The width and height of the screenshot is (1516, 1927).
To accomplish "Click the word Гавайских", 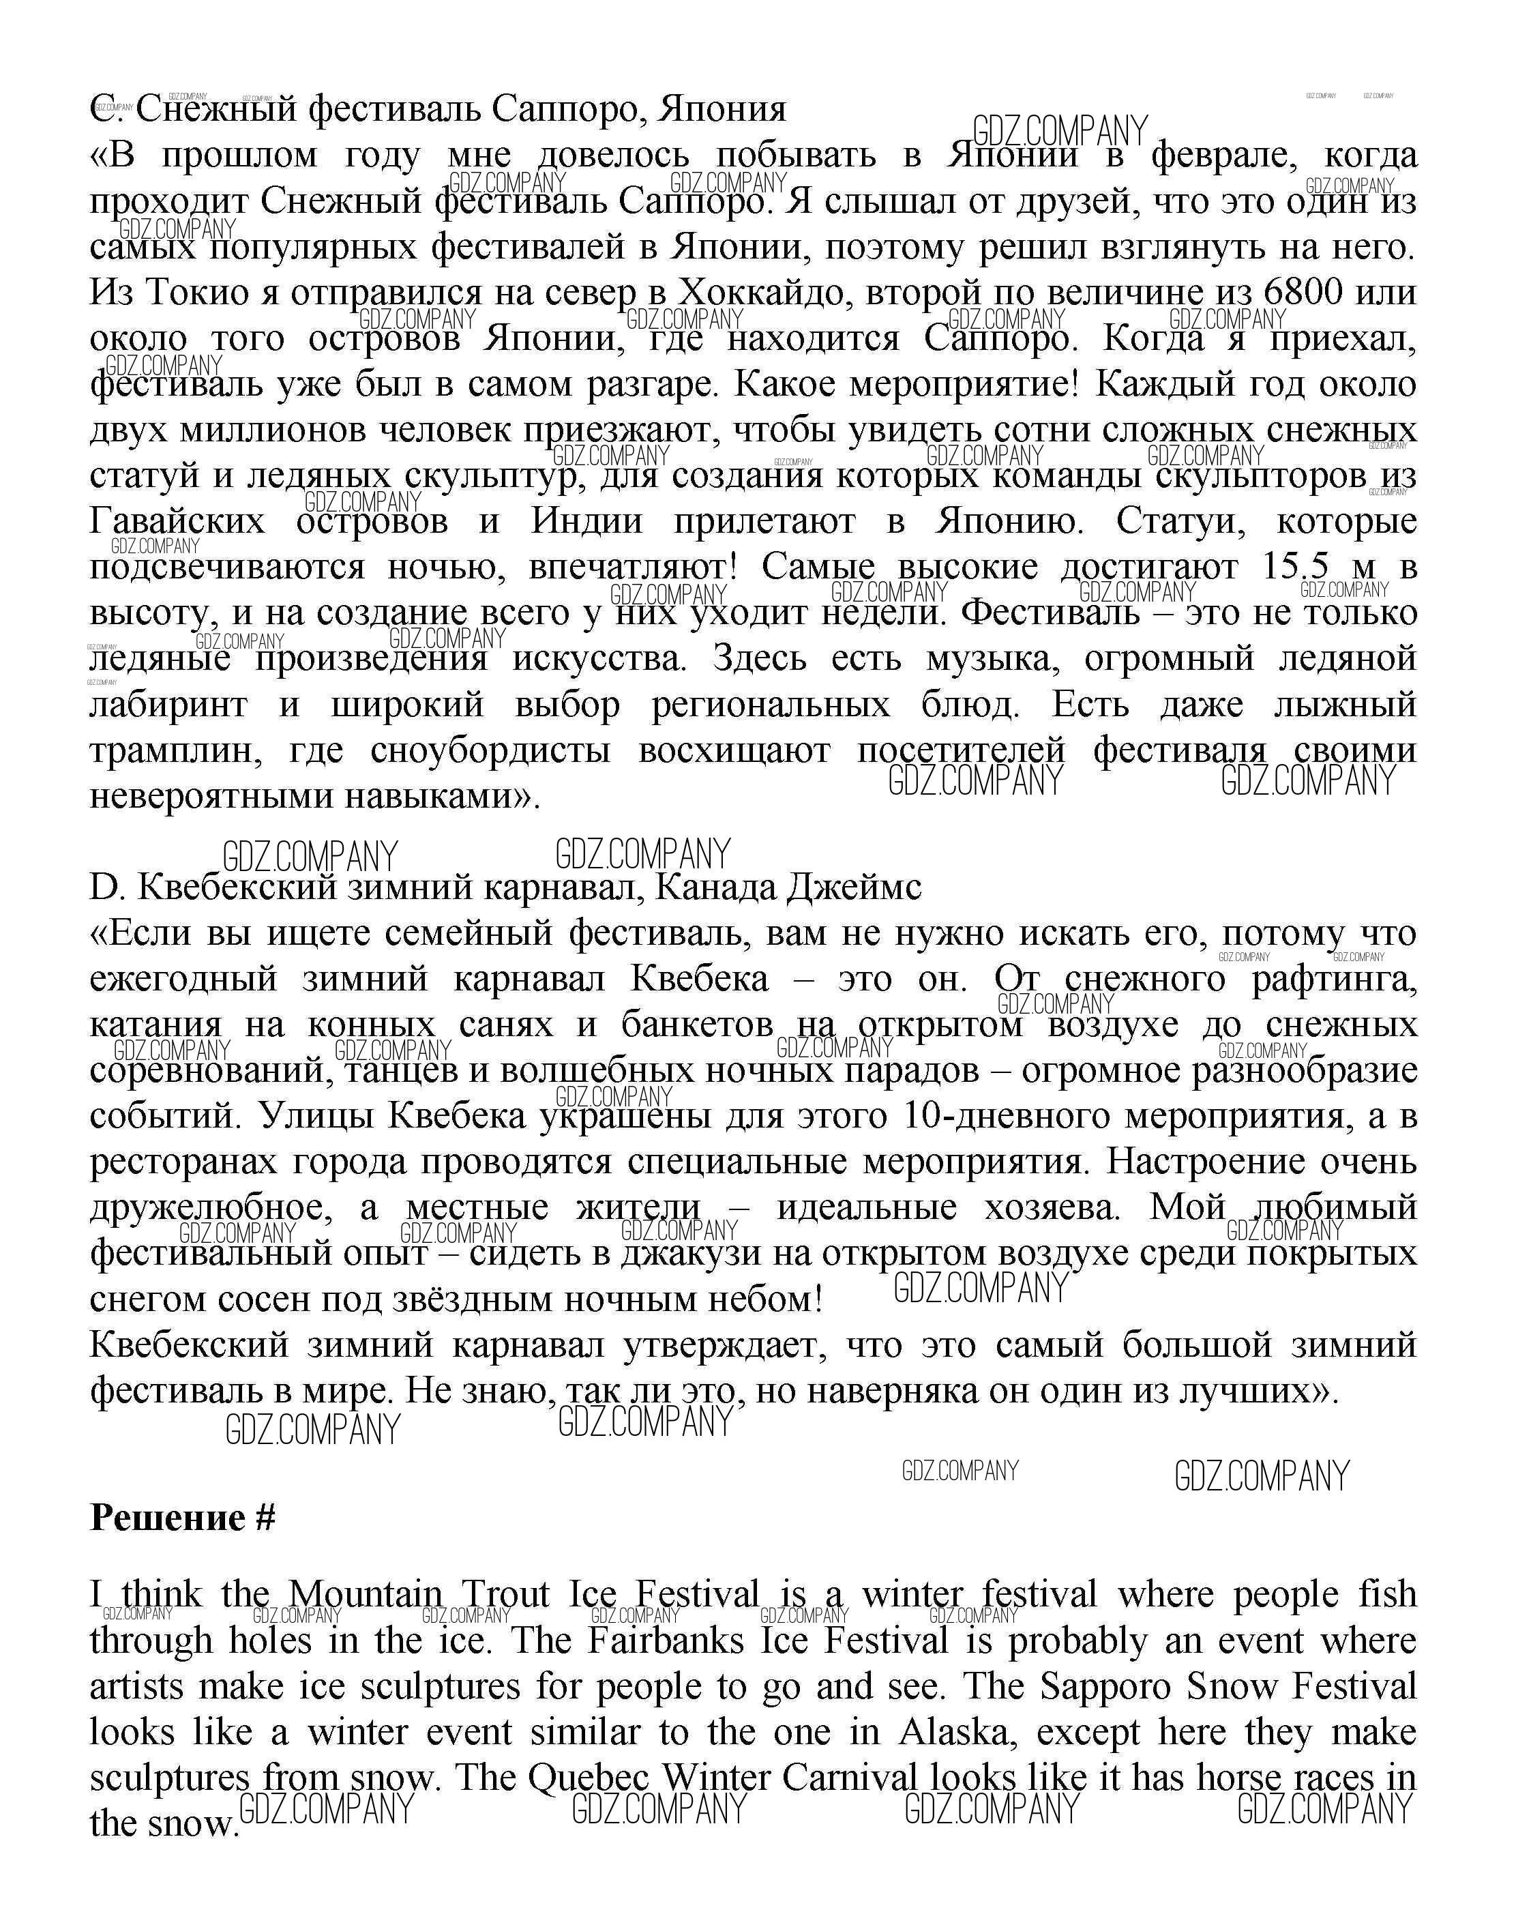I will (x=177, y=521).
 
